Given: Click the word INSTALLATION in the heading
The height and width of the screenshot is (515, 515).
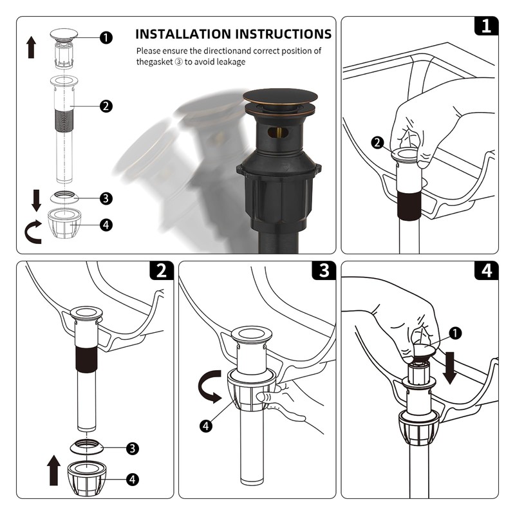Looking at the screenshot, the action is pos(183,34).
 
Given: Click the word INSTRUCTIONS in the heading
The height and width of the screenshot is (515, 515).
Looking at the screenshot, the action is pos(284,34).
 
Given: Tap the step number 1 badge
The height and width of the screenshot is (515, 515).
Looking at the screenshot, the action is pos(487,26).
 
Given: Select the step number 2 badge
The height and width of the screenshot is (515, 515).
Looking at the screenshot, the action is pos(162,270).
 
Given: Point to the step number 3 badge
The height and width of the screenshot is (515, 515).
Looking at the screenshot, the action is pos(324,270).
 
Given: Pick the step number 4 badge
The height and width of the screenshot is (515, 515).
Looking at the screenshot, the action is pos(487,270).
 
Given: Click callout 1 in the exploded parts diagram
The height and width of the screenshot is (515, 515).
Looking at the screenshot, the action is pos(106,37).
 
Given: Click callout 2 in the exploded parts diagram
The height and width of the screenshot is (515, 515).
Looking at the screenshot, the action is pos(106,106).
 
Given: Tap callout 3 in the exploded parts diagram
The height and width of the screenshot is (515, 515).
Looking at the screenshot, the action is pos(106,198).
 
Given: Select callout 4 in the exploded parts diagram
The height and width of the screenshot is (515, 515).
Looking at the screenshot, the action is pos(106,225).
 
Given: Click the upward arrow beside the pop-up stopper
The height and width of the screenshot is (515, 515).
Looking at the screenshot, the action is pos(31,47).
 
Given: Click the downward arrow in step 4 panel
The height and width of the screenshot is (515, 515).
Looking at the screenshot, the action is pos(449,368).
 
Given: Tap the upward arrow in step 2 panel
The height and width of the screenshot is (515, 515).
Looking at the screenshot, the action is pos(53,471).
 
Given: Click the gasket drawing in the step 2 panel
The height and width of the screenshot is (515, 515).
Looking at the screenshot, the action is pos(87,446).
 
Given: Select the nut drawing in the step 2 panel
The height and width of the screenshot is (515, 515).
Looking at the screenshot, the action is pos(87,478).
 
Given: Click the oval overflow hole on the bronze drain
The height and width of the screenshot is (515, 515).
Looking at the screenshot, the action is pos(278,133).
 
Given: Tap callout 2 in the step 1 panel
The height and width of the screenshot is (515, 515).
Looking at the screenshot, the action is pos(377,142).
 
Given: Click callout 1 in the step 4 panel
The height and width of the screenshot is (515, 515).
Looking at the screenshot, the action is pos(455,333).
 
